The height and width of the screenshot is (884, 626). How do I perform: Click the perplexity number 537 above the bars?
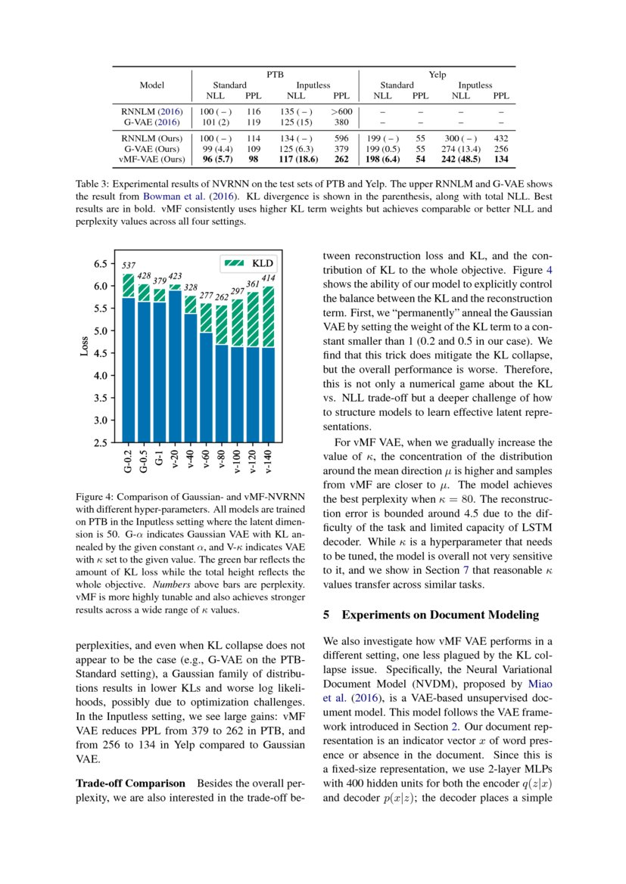pos(129,265)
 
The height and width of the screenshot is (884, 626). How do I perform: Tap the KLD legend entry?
pos(249,263)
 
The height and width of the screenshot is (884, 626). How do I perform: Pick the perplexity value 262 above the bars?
pos(221,298)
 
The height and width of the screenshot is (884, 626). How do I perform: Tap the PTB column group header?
pos(275,75)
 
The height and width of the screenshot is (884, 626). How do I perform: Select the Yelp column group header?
pos(437,75)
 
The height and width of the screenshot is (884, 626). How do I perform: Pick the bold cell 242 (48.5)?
pos(460,160)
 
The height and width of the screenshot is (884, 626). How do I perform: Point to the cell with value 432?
pos(500,138)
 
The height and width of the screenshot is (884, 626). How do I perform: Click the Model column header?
pos(152,85)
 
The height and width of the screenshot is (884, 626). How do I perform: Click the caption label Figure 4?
pos(98,497)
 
